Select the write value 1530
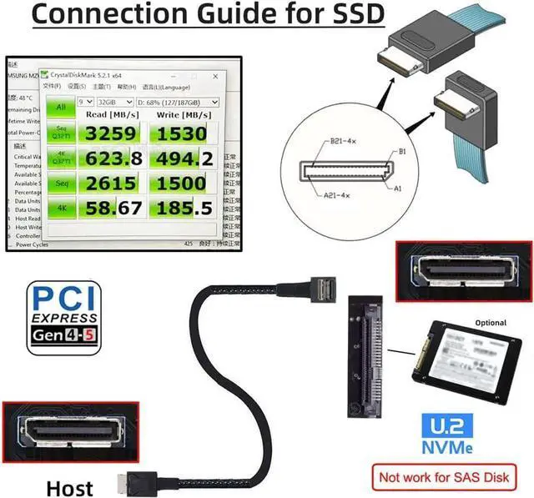coord(184,133)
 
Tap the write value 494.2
coord(184,158)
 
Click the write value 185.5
coord(184,208)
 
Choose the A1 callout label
coord(399,189)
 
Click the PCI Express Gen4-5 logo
coord(63,316)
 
